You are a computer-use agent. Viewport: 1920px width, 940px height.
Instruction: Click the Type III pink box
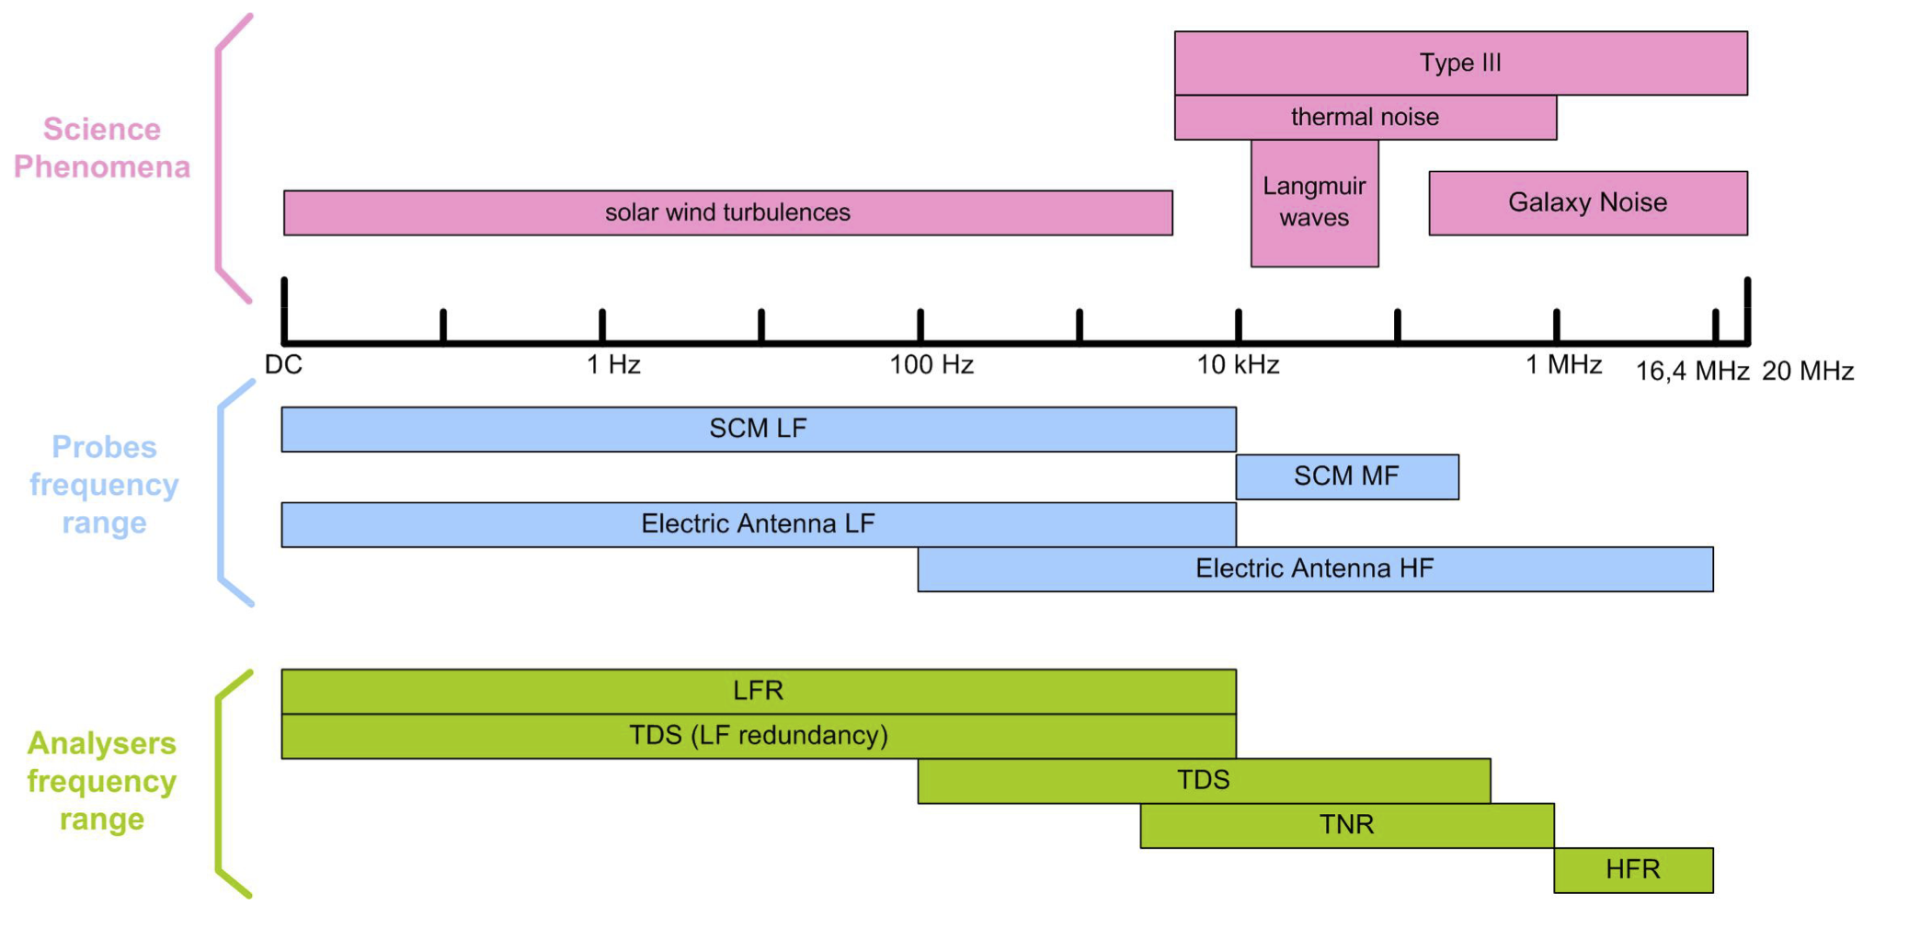(1460, 63)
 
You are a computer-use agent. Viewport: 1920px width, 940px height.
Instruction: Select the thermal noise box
(1365, 117)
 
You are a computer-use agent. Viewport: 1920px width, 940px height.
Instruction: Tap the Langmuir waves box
(1314, 202)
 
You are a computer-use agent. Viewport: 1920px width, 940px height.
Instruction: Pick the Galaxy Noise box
(1587, 202)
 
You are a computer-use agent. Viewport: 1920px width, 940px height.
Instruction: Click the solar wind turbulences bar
(727, 212)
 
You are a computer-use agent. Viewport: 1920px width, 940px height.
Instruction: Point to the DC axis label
(283, 365)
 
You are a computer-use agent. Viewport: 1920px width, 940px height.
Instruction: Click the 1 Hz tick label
(613, 365)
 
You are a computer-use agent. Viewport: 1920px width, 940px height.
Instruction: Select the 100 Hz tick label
(931, 365)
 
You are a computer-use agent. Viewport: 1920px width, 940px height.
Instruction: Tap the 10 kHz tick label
(1238, 365)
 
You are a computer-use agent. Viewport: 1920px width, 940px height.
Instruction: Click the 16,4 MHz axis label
(1691, 372)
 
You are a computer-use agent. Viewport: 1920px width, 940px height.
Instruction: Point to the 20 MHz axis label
(1807, 372)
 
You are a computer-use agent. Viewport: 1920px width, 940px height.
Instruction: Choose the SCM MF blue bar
(1346, 476)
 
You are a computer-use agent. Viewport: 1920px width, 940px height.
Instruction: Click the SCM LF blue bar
(758, 429)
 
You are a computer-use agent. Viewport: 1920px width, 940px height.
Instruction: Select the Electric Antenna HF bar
(1314, 568)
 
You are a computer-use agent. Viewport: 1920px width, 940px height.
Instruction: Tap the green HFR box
(1632, 869)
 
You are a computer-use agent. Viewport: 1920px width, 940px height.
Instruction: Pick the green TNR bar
(1346, 824)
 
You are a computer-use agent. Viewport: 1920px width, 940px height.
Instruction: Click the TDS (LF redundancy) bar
(758, 736)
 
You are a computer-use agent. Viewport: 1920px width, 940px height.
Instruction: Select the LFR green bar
(758, 691)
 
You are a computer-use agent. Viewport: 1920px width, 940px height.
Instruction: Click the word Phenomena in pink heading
(102, 167)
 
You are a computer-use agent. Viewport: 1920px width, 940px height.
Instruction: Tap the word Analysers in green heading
(101, 743)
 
